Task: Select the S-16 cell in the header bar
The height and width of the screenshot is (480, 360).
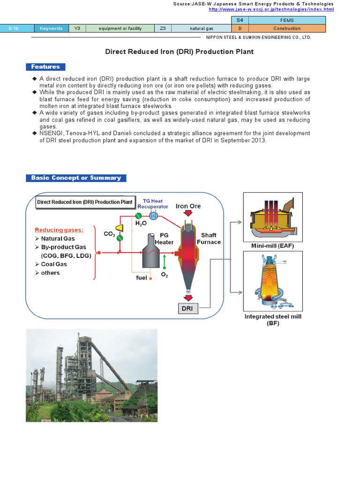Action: [x=13, y=29]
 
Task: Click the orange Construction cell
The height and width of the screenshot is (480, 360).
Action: [x=287, y=29]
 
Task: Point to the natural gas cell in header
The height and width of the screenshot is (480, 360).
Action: [x=201, y=29]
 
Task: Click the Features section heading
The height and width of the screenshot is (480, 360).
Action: [x=45, y=67]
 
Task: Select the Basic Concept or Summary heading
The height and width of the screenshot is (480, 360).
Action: [x=76, y=178]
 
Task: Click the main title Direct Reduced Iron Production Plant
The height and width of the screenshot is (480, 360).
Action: [x=180, y=52]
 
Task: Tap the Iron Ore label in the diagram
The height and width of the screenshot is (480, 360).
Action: [x=188, y=206]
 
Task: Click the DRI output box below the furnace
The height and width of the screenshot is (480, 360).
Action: [x=187, y=308]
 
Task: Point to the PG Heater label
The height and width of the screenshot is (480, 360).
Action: [x=164, y=239]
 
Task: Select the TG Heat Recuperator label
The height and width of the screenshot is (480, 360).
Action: [x=152, y=203]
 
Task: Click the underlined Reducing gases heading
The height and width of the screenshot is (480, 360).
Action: [x=59, y=230]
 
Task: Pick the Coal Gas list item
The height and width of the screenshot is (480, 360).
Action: [x=54, y=264]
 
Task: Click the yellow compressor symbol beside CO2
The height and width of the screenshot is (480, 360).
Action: [x=120, y=228]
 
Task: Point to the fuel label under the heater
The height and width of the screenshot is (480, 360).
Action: [x=141, y=277]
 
